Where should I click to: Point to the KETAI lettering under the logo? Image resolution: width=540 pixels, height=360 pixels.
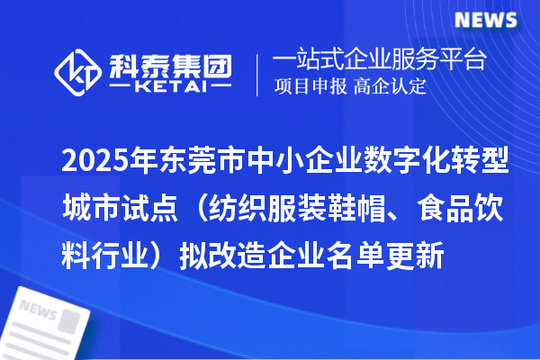[x=170, y=88]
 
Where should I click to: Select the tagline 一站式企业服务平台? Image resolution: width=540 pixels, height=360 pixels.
[x=379, y=60]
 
